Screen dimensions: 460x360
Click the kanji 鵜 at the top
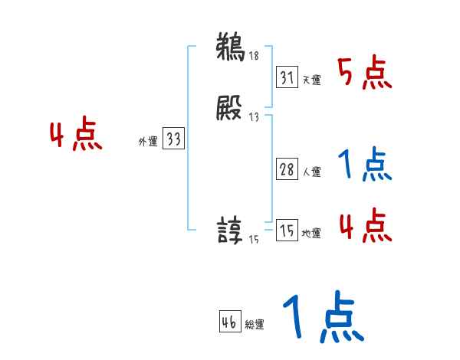coord(230,47)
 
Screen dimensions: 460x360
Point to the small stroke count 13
coord(254,117)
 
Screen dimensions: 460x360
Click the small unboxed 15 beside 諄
coord(254,240)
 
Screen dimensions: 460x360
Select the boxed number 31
coord(287,78)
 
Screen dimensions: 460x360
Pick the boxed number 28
coord(287,170)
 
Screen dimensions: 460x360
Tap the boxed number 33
coord(173,139)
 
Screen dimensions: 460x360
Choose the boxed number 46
coord(229,322)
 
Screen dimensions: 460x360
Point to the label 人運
coord(311,172)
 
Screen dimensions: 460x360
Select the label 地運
coord(311,234)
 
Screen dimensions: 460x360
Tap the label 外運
coord(148,142)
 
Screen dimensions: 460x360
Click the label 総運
coord(255,325)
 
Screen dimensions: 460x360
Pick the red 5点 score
coord(365,73)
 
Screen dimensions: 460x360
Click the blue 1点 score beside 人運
coord(365,165)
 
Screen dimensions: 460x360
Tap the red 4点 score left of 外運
coord(77,136)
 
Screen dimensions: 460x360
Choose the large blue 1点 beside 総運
coord(322,318)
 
